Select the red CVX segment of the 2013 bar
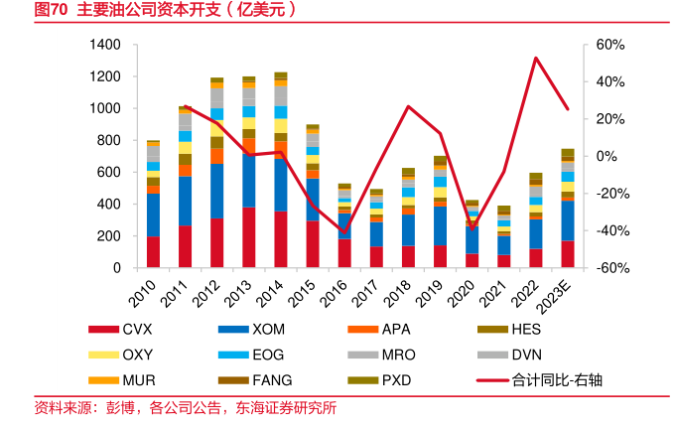[249, 238]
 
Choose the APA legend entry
[396, 330]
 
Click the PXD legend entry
[396, 379]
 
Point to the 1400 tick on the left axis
[104, 45]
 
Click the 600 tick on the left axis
[109, 172]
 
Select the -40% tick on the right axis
[608, 230]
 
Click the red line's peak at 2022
[536, 58]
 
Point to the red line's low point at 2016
[344, 232]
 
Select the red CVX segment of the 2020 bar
[472, 260]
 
